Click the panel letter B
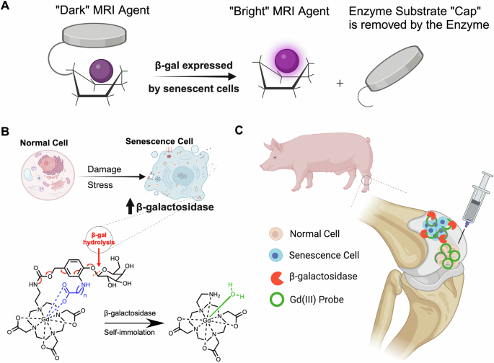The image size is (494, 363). tap(7, 133)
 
